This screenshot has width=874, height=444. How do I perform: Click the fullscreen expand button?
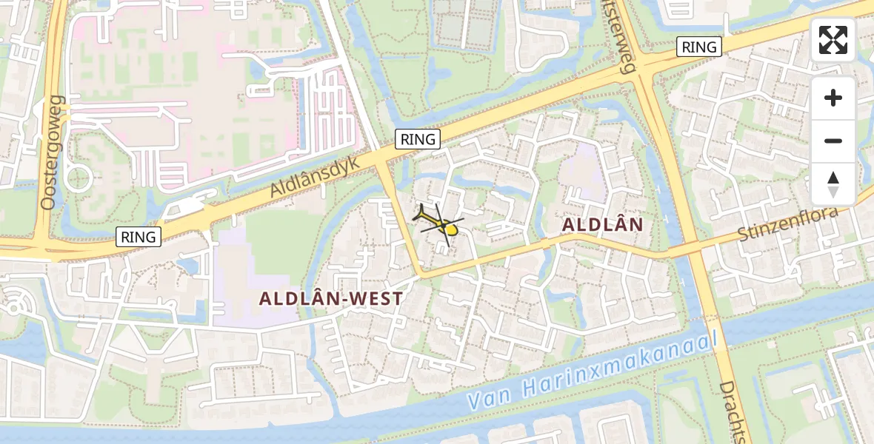833,40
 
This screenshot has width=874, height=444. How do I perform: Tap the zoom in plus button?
833,98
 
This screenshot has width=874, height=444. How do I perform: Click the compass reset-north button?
833,184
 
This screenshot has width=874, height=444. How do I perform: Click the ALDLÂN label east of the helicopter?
602,223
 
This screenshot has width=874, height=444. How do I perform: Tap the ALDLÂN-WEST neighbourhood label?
331,299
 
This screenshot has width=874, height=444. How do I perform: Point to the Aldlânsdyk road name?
314,176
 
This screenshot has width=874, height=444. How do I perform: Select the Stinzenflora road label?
788,223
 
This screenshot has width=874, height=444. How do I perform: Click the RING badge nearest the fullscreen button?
699,47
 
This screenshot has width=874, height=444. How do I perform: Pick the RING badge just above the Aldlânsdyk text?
418,138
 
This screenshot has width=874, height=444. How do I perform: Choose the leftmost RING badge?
139,237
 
